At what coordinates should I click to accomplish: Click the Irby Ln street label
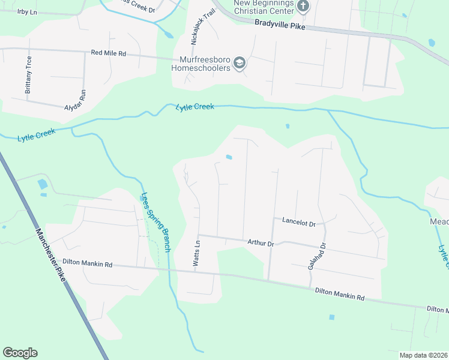point(27,12)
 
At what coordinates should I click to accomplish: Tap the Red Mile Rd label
point(108,53)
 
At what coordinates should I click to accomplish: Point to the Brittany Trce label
point(28,75)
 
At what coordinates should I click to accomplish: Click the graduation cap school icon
point(240,63)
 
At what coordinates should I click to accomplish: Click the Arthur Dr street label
point(261,243)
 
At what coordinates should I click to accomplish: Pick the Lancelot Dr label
point(298,223)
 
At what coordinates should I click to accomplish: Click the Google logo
point(20,353)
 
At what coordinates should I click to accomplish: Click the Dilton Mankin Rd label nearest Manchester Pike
point(88,263)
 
